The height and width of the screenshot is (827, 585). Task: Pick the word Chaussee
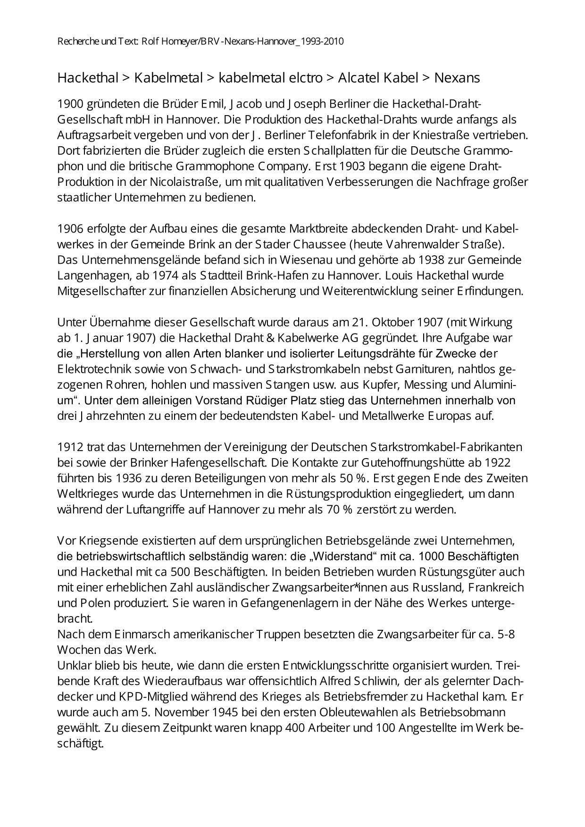[319, 244]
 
